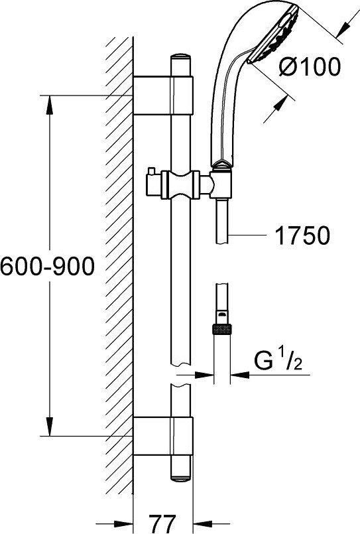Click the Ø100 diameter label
click(x=310, y=66)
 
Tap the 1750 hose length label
click(x=302, y=235)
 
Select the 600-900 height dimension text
click(x=47, y=266)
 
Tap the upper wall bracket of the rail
click(x=163, y=96)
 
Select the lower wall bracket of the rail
click(x=163, y=436)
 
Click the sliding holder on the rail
click(x=181, y=184)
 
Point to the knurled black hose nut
click(x=222, y=329)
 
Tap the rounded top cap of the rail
click(x=181, y=57)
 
